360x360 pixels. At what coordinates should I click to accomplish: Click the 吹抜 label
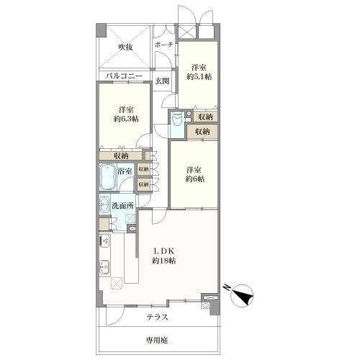point(125,48)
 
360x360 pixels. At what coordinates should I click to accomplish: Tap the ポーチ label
point(163,45)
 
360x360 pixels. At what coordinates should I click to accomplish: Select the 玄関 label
point(162,81)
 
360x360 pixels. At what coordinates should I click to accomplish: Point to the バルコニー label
point(124,76)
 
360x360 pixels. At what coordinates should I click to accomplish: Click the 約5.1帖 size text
point(199,77)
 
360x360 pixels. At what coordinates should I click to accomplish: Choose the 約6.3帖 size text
point(126,119)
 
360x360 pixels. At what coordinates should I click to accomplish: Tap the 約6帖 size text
point(195,179)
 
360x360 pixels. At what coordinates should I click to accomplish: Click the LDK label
point(163,251)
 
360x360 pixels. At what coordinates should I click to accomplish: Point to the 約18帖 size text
point(163,261)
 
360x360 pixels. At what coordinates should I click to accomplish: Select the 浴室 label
point(125,171)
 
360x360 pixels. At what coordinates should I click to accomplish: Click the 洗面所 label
point(122,206)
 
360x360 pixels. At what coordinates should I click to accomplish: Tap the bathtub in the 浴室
point(108,177)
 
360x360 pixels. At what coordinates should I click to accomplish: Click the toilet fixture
point(178,120)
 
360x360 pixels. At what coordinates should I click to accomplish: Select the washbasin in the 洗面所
point(104,204)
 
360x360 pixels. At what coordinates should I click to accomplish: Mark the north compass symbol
point(242,295)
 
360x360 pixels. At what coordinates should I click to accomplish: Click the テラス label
point(158,318)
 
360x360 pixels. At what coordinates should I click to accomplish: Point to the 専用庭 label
point(157,341)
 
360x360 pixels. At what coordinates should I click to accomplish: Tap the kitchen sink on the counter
point(104,267)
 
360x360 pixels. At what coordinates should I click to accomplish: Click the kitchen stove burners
point(105,240)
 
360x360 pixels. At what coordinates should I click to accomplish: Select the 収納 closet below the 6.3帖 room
point(121,156)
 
